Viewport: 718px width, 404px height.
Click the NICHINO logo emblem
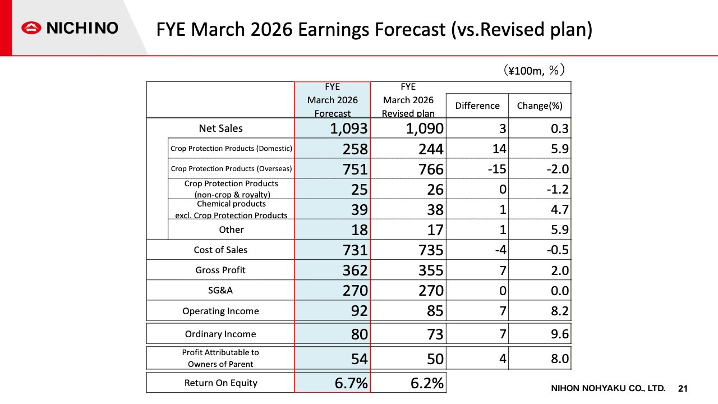32,28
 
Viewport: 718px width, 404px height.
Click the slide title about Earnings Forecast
374,29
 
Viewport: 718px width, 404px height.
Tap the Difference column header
477,105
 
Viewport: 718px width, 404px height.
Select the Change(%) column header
540,105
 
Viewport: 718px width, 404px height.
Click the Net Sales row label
220,128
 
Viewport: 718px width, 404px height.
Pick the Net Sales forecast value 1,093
348,128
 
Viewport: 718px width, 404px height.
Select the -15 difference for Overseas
496,169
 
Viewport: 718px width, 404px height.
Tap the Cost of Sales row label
220,250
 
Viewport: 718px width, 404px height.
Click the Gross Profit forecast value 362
353,270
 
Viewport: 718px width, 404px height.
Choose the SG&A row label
220,291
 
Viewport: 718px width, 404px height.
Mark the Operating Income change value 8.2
559,311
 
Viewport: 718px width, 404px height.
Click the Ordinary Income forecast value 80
359,334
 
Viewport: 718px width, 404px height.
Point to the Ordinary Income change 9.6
559,334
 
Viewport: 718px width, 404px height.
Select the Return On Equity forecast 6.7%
351,383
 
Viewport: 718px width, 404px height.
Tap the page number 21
683,388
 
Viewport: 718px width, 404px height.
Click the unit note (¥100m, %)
533,70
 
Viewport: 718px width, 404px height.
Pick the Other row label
231,229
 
